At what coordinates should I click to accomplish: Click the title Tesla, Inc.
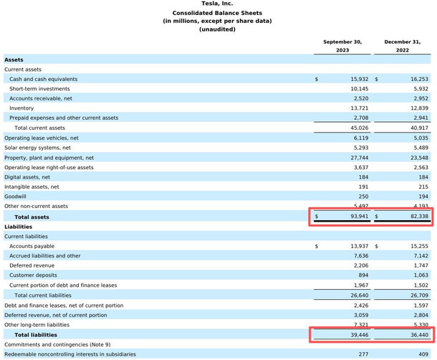coord(217,4)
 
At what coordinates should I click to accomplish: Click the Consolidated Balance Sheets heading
coord(217,13)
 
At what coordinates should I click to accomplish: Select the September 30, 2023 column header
coord(342,46)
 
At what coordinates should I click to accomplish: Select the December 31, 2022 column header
coord(403,46)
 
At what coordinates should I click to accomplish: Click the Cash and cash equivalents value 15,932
coord(359,79)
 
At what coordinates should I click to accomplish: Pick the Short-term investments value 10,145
coord(359,89)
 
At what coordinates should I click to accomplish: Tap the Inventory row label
coord(21,108)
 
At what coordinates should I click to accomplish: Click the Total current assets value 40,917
coord(419,128)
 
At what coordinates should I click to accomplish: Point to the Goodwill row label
coord(15,196)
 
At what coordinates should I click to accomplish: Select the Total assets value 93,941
coord(359,217)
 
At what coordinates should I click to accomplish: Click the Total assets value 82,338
coord(419,217)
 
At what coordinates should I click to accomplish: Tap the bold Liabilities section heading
coord(18,227)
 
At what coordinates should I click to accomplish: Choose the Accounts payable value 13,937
coord(359,246)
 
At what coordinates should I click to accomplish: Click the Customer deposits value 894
coord(363,275)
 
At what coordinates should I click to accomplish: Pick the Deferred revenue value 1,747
coord(421,265)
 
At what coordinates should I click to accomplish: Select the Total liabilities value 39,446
coord(359,335)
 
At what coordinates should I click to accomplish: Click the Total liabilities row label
coord(36,335)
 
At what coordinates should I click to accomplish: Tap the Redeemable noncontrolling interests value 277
coord(363,354)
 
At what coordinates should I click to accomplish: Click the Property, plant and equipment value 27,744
coord(359,158)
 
